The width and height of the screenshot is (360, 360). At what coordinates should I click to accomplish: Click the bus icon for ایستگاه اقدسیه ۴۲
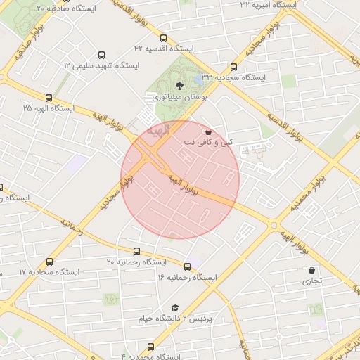(164, 38)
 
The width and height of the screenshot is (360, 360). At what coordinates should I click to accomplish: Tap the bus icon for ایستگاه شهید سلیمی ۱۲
(101, 54)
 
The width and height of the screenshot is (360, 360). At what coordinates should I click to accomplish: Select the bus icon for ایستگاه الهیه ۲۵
(48, 98)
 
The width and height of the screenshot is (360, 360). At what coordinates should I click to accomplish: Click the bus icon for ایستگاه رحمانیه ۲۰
(136, 251)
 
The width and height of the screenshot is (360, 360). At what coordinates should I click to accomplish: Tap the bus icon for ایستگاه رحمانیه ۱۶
(187, 266)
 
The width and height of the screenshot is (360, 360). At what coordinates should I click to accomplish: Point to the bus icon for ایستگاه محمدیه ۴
(150, 347)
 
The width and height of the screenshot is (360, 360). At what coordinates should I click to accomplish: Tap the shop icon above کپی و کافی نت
(208, 131)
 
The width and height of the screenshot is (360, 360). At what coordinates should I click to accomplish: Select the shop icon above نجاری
(311, 270)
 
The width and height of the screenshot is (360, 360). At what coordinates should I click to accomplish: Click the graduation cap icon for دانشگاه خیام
(175, 308)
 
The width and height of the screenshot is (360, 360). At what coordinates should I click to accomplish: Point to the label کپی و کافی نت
(207, 142)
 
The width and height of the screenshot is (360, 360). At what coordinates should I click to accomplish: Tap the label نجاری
(311, 281)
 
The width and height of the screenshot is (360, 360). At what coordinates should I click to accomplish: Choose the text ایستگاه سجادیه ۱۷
(50, 271)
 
